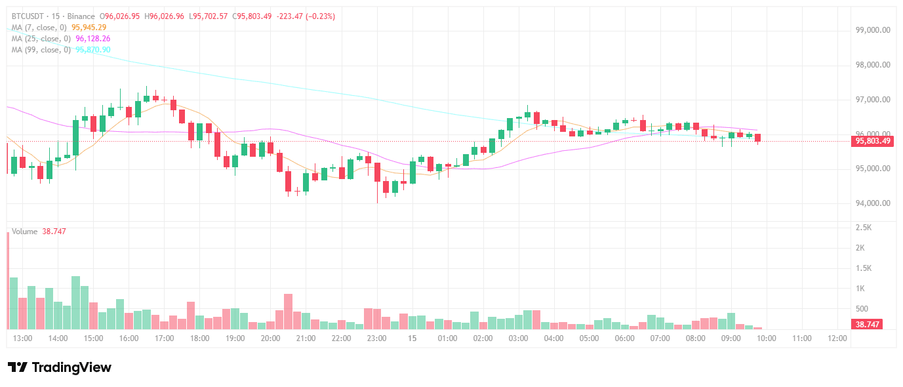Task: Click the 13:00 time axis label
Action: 23,338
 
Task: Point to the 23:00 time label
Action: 376,338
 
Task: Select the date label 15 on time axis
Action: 412,338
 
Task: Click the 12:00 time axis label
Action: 837,338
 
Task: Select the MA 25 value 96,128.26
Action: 93,39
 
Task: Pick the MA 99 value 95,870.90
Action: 93,50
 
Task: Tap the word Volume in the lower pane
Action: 24,232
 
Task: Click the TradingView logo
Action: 59,367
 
